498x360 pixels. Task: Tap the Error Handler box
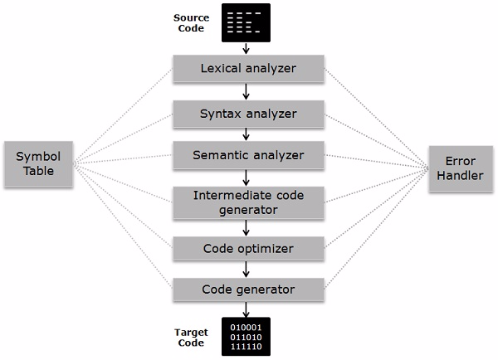460,168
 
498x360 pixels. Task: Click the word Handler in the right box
460,175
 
